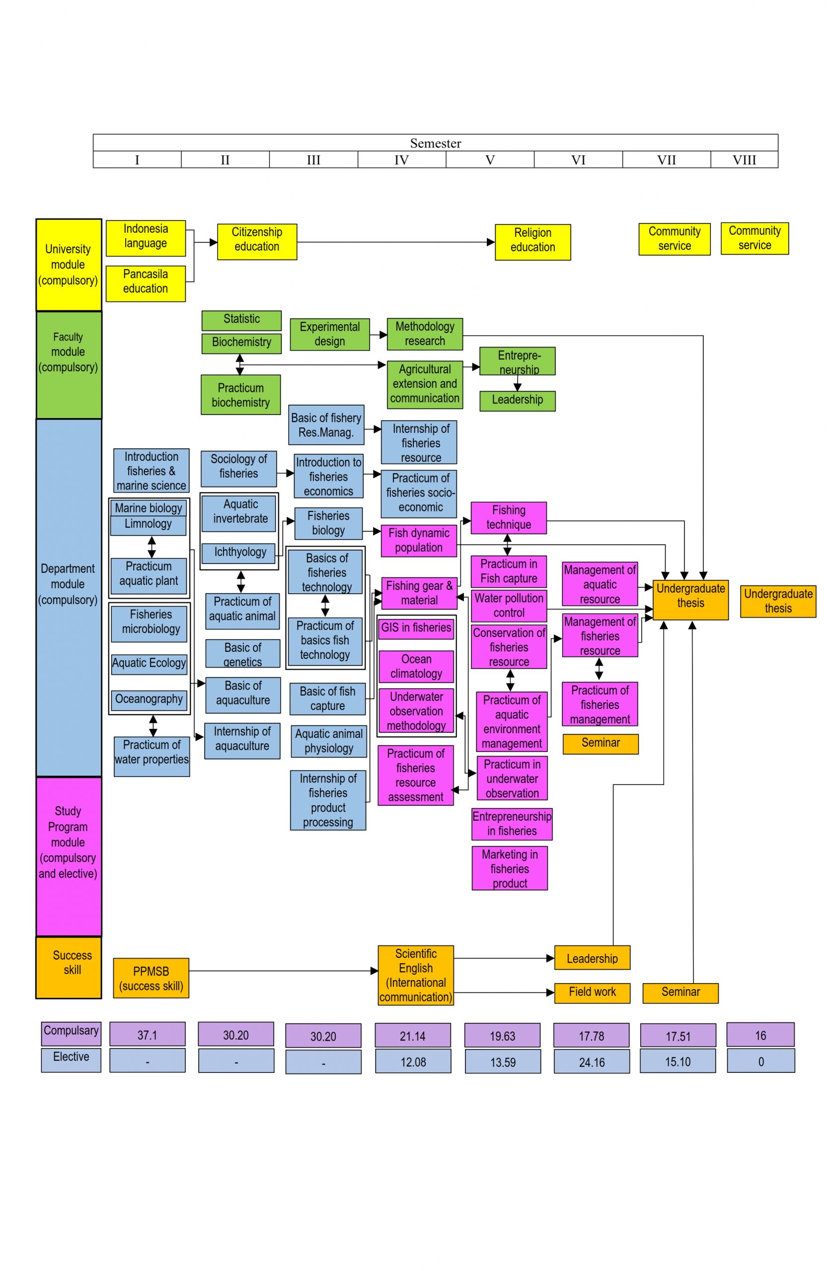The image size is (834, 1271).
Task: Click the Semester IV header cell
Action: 401,160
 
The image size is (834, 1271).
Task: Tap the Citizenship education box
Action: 256,241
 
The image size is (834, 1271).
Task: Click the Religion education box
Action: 532,242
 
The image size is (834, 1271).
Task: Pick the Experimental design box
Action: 329,334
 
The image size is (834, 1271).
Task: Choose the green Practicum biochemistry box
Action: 240,395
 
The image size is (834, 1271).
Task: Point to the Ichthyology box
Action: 240,552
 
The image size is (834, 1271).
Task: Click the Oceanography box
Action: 149,699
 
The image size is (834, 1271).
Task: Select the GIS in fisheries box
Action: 416,628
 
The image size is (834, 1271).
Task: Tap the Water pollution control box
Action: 508,606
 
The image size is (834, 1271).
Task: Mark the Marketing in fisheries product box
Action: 509,868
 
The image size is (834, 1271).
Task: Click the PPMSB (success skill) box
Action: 151,978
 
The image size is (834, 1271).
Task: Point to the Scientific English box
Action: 415,975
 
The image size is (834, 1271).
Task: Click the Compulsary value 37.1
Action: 147,1035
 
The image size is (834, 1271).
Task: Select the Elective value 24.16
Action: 591,1062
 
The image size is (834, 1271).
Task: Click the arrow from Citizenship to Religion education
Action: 395,242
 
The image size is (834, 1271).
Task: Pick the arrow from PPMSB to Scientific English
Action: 283,971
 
